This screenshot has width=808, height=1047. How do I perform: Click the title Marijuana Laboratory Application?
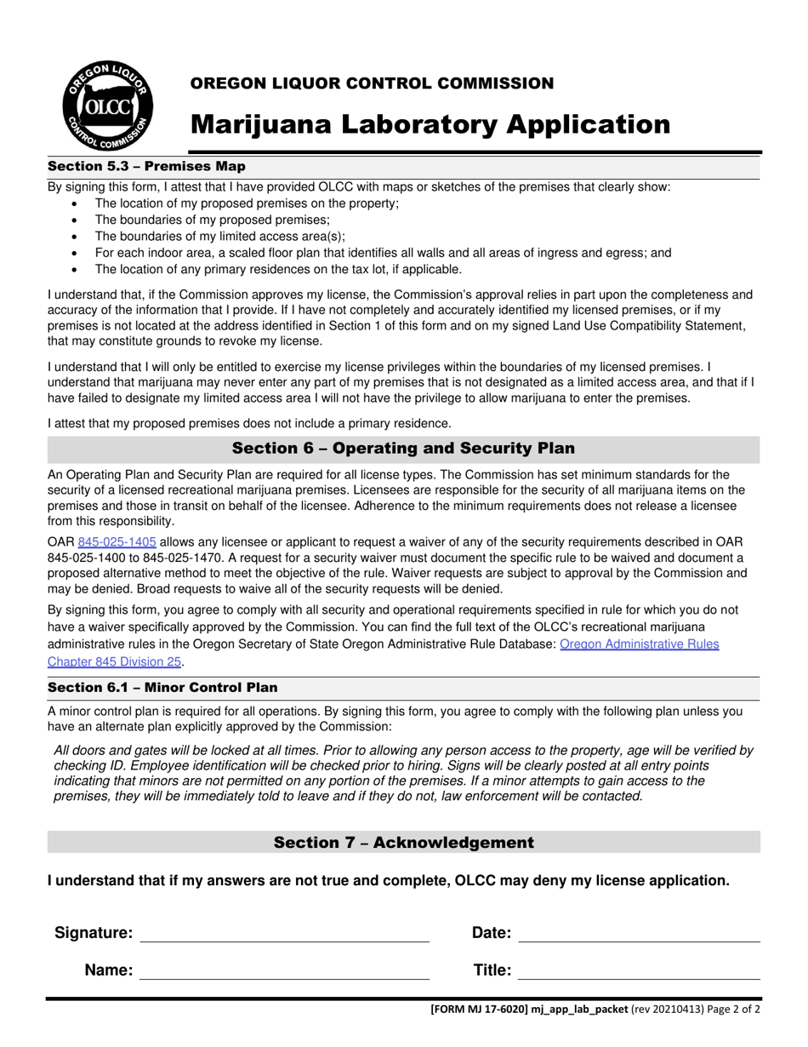(x=430, y=124)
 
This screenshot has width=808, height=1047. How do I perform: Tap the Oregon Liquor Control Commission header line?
(x=372, y=83)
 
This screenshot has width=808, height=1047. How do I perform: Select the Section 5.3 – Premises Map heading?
(x=146, y=166)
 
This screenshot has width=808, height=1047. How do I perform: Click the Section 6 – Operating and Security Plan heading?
(x=403, y=449)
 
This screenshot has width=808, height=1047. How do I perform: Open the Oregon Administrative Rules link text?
(x=639, y=644)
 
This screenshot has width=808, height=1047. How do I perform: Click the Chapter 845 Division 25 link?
(x=115, y=661)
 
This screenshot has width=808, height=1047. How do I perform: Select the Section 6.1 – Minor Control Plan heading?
(x=162, y=687)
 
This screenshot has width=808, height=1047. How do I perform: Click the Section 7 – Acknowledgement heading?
(x=403, y=843)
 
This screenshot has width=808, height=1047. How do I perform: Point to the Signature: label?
(x=94, y=933)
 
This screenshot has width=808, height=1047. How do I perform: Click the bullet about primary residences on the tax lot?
(x=278, y=269)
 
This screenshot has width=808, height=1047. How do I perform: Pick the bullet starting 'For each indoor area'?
(x=383, y=253)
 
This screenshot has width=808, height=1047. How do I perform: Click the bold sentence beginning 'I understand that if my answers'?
(x=388, y=881)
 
